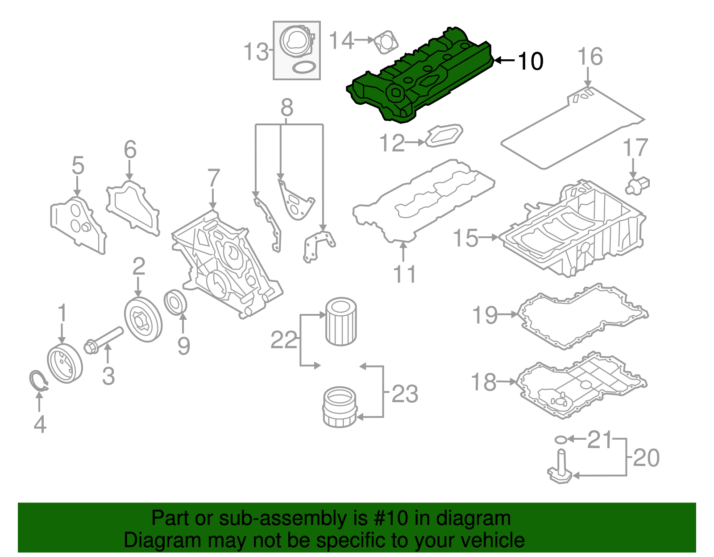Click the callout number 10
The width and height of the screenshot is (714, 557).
point(530,61)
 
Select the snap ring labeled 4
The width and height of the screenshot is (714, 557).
point(38,381)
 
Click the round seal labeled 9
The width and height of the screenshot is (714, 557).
point(176,302)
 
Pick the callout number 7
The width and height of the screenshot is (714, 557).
point(214,178)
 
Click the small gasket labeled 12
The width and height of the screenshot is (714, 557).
point(444,135)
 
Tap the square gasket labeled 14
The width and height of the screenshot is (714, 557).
point(386,42)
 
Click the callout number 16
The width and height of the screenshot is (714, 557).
point(590,57)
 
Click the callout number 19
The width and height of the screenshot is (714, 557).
point(485,315)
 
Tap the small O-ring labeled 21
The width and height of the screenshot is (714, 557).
point(560,440)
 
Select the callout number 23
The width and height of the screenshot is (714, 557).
point(405,394)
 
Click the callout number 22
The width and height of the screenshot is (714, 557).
point(284,341)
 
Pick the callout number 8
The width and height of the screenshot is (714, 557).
point(287,107)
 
